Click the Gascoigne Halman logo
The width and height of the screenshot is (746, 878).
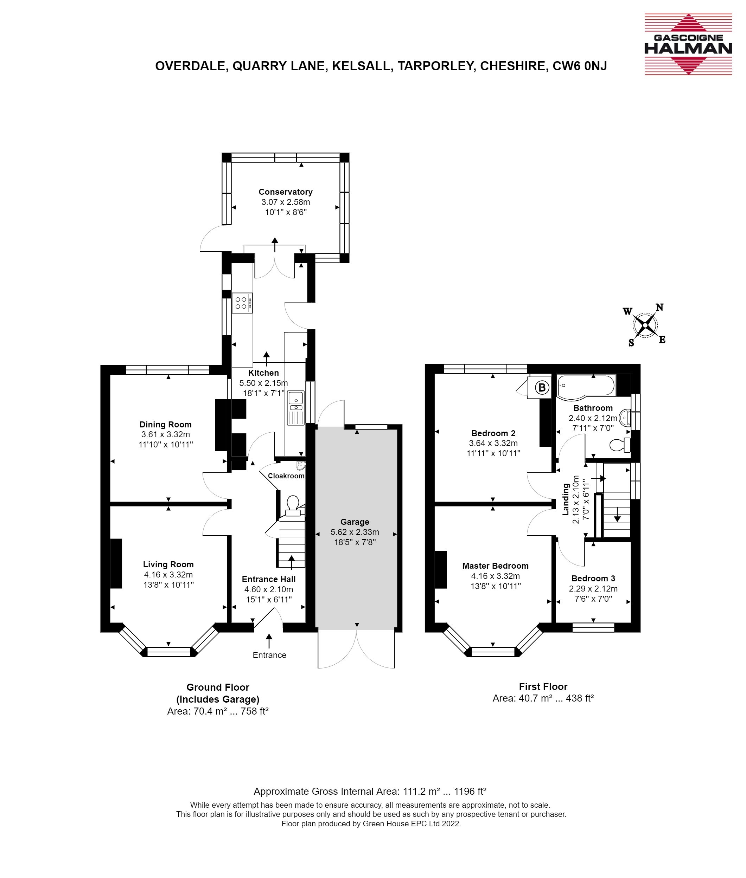688,44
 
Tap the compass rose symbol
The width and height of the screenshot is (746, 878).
645,325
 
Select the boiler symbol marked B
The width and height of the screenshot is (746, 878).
542,387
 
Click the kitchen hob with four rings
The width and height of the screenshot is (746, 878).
242,303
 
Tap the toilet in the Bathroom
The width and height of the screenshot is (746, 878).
620,445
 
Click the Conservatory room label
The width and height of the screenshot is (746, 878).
286,192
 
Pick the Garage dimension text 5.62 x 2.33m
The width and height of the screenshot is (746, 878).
355,532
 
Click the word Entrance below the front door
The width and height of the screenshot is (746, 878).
269,655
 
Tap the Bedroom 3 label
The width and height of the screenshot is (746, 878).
593,579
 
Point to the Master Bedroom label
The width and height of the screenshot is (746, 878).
495,566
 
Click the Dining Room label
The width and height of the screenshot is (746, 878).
165,425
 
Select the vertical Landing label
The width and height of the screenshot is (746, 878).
566,499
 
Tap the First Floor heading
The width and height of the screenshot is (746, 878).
543,686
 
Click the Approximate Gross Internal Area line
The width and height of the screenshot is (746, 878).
370,792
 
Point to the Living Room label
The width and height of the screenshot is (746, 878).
168,564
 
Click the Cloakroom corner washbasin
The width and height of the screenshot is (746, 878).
301,465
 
